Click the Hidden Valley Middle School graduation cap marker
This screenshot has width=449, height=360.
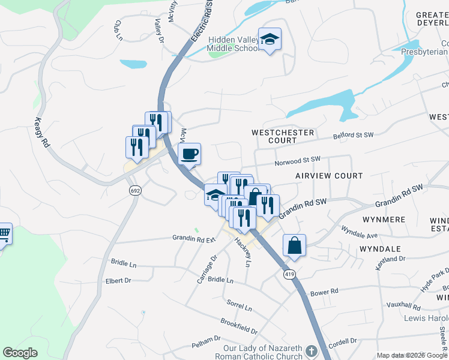click(x=270, y=40)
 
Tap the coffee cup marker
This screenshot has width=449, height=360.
click(x=189, y=154)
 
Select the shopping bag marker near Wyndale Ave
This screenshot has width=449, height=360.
click(x=294, y=245)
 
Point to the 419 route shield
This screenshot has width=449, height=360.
click(x=290, y=273)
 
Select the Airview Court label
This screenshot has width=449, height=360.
click(x=329, y=176)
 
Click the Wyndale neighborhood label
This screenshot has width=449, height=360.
click(x=380, y=248)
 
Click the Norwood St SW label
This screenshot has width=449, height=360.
click(x=298, y=161)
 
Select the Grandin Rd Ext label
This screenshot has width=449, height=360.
click(x=194, y=239)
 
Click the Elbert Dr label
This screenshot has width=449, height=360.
click(x=118, y=280)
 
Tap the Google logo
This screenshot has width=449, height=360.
click(x=20, y=353)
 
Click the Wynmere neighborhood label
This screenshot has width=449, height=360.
click(x=384, y=220)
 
